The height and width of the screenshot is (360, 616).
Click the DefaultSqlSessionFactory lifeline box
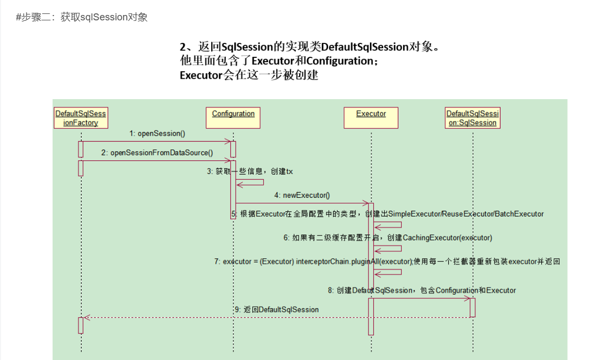coord(81,118)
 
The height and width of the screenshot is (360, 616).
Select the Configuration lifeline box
coord(233,118)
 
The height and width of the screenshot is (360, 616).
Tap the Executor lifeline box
coord(371,118)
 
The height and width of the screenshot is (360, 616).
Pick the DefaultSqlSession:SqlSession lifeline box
coord(472,118)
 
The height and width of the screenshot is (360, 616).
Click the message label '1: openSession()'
coord(157,133)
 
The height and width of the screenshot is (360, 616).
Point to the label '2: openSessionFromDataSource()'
coord(157,153)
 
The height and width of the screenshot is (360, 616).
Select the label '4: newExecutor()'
coord(302,196)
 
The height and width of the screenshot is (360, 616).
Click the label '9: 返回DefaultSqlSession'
coord(277,310)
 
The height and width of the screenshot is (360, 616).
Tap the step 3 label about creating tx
coord(250,171)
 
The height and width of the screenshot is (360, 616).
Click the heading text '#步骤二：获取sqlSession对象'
coord(82,17)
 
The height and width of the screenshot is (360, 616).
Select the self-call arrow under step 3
coord(250,182)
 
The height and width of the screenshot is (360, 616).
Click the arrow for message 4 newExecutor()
coord(302,203)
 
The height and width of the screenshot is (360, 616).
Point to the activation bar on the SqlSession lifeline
coord(472,307)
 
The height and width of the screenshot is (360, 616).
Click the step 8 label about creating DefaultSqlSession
coord(422,290)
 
